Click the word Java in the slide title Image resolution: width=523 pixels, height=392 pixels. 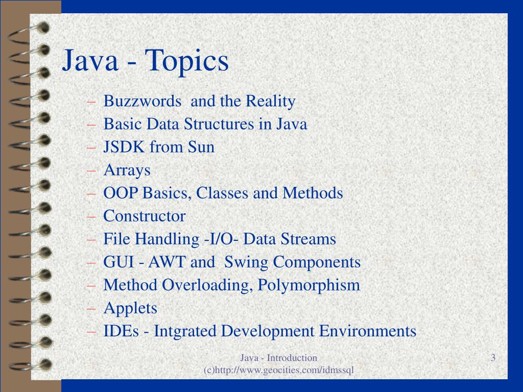[x=90, y=61]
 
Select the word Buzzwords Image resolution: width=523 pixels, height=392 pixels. [x=142, y=102]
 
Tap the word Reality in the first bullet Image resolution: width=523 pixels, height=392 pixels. [x=270, y=102]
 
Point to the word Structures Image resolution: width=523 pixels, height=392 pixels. [x=219, y=125]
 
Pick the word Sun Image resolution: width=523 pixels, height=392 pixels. [x=201, y=148]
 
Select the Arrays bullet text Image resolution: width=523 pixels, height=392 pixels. [x=127, y=170]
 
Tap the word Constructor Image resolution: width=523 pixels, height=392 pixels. [x=145, y=216]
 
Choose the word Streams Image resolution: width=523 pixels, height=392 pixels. [x=313, y=239]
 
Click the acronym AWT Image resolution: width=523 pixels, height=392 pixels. [x=168, y=262]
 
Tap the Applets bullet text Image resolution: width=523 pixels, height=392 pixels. [x=130, y=308]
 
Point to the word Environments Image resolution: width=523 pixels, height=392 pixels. [x=368, y=331]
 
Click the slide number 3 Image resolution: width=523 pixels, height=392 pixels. [x=493, y=358]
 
